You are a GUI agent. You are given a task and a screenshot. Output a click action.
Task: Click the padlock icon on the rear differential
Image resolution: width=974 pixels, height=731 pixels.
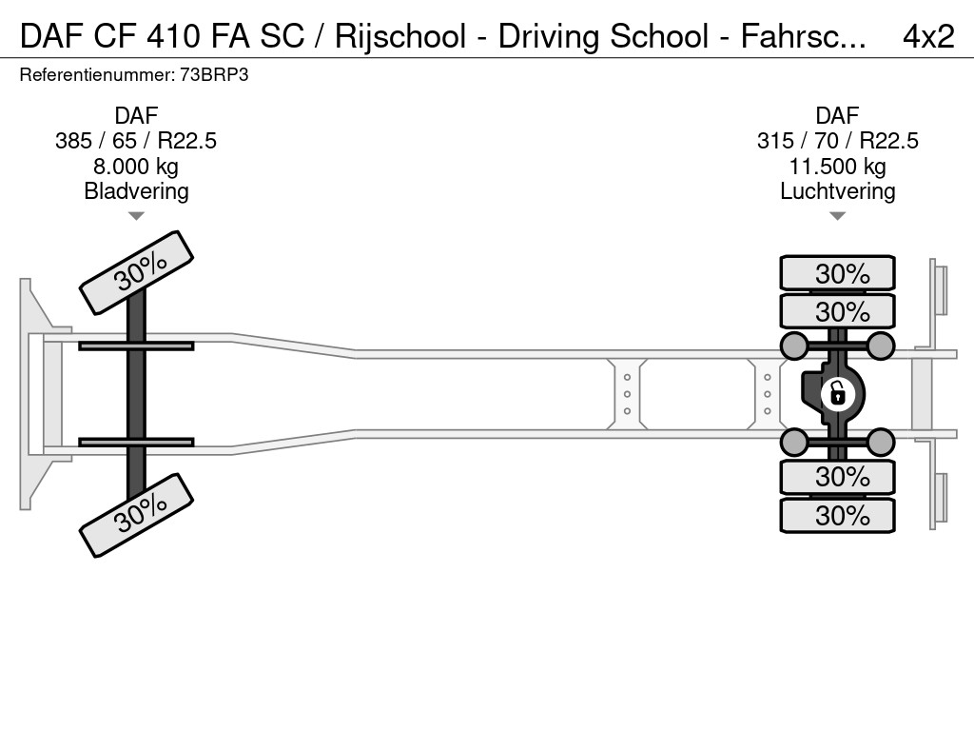[x=837, y=392]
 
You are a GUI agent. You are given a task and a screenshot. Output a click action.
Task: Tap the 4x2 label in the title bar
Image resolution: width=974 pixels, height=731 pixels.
[x=927, y=36]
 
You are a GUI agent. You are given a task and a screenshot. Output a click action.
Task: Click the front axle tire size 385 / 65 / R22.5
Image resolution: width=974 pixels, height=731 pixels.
[x=136, y=141]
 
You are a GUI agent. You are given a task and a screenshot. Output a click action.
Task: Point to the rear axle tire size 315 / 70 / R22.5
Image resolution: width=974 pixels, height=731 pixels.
[x=837, y=141]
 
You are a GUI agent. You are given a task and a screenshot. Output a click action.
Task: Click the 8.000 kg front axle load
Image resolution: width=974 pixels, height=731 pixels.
[x=136, y=167]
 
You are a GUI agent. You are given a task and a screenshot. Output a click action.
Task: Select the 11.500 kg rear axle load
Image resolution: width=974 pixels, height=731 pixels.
[x=837, y=167]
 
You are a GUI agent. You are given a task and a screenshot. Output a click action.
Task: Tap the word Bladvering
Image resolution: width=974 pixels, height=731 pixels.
[x=136, y=191]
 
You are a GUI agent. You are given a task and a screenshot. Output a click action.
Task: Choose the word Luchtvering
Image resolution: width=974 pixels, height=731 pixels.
[x=837, y=191]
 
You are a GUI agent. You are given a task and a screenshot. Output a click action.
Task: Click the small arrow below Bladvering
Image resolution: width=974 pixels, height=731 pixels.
[x=136, y=216]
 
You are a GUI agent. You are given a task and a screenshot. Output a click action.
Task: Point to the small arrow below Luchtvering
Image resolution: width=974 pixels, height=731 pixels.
[x=837, y=216]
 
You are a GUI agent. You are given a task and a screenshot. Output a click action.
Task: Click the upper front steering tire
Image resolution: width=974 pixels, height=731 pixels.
[x=136, y=272]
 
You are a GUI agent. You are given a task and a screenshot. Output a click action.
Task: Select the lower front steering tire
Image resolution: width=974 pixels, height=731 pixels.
[x=136, y=514]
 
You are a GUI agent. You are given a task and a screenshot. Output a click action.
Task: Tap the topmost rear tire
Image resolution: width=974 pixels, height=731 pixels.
[x=837, y=273]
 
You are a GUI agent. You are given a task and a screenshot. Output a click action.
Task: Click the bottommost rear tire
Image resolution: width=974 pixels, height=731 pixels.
[x=837, y=516]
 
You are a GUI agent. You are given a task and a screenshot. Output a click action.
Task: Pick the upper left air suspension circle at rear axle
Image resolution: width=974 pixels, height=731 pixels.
[x=794, y=345]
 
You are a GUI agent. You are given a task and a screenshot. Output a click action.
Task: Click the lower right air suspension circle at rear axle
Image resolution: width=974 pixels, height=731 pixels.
[x=881, y=442]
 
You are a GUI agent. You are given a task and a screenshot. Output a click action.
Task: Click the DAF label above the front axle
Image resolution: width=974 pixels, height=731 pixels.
[x=136, y=116]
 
